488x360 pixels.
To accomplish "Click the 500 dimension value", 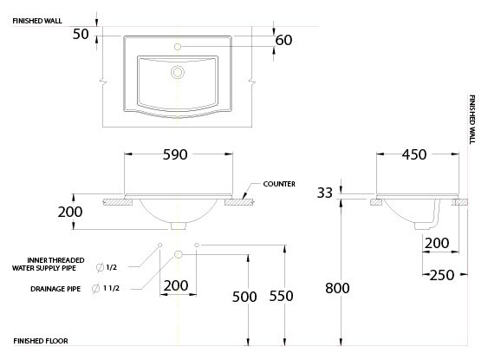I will (245, 296).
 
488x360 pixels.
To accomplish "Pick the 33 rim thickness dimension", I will (324, 193).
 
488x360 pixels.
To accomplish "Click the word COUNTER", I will (279, 184).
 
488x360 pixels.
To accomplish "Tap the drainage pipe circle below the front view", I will (178, 254).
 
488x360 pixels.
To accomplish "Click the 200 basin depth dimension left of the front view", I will (70, 212).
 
